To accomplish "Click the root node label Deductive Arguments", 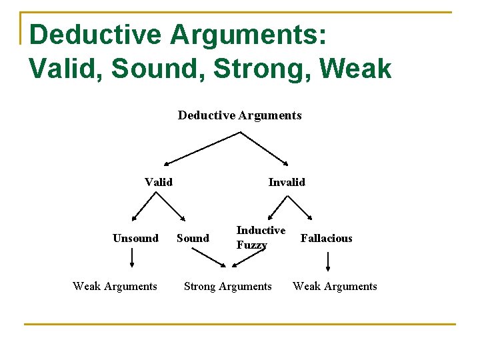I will coord(239,115).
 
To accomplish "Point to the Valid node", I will coord(159,182).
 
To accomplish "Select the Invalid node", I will coord(287,182).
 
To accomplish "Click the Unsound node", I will coord(135,238).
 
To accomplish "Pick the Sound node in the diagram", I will coord(193,238).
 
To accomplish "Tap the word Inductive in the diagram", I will coord(261,230).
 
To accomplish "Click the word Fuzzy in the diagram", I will coord(251,245).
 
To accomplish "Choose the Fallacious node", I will coord(327,238).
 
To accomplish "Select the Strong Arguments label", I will coord(228,286).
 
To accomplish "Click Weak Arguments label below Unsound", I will coord(115,286).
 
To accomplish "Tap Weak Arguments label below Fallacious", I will coord(335,286).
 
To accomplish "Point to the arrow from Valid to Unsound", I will coord(144,206).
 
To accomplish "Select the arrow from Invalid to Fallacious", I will coord(300,206).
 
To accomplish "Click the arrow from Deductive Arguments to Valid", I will coord(202,147).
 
